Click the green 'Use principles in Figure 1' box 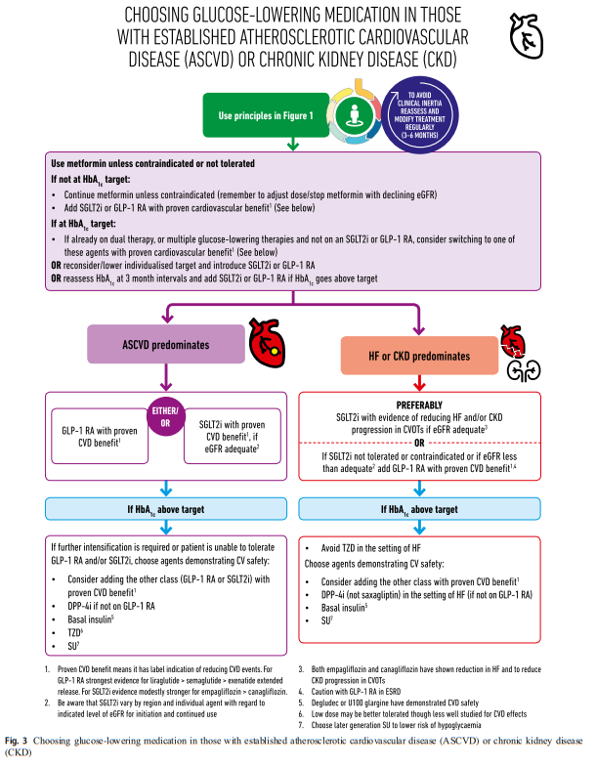point(266,115)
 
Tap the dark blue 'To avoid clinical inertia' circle point(420,114)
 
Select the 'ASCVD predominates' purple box point(166,344)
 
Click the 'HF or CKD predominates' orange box point(419,356)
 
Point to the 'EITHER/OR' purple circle point(165,417)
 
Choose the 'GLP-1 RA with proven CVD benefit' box point(100,437)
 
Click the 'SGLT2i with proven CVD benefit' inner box point(233,437)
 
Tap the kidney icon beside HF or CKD point(524,370)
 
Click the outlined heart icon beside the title point(526,36)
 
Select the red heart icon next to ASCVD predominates point(267,343)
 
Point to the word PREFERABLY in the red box point(419,405)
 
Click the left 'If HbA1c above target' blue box point(166,509)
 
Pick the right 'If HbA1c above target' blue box point(420,509)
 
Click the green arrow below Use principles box point(293,144)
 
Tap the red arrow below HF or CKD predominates point(419,382)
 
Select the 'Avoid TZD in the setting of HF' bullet point(362,548)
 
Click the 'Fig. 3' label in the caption point(17,741)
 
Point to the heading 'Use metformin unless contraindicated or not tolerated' point(152,163)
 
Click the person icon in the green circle point(354,115)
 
